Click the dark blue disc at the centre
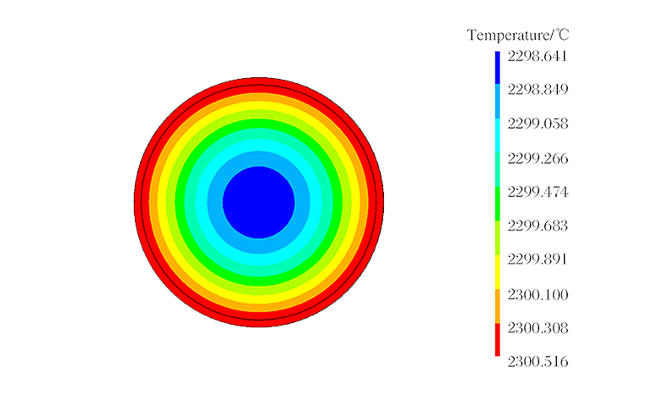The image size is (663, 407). tap(259, 202)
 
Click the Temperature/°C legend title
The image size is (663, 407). tap(518, 35)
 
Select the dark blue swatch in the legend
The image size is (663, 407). tap(486, 68)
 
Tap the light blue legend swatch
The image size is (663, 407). tap(486, 102)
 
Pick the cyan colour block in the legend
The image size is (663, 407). tap(486, 136)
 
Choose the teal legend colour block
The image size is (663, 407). tap(486, 170)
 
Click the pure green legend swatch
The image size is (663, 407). tap(486, 203)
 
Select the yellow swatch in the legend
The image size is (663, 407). tap(486, 271)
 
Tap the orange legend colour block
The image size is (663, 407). tap(486, 305)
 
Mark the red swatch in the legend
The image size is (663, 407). tap(486, 339)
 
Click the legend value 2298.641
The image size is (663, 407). tap(538, 56)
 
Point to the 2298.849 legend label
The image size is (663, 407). tap(538, 89)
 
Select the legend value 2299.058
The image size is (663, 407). tap(538, 124)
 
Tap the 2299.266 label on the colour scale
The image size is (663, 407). tap(538, 158)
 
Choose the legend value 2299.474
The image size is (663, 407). tap(538, 192)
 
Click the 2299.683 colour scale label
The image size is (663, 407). tap(538, 226)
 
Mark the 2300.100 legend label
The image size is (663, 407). tap(538, 293)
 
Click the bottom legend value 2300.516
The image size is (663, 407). tap(538, 361)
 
